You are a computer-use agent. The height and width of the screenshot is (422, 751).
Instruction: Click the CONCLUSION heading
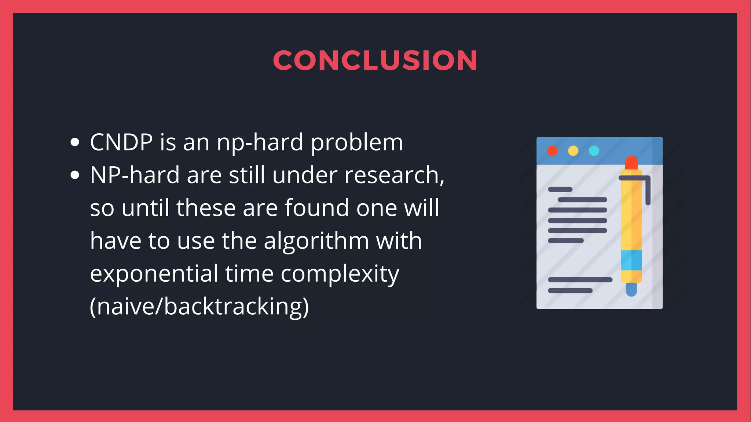375,60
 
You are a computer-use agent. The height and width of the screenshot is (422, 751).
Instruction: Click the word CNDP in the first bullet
121,142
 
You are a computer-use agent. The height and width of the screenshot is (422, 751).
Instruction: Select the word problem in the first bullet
357,143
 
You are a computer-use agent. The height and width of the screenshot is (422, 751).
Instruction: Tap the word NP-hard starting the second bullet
134,175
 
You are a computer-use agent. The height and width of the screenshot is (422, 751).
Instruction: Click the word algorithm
316,241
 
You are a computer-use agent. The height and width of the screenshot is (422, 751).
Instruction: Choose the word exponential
154,274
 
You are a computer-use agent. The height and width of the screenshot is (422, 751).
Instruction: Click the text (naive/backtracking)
199,307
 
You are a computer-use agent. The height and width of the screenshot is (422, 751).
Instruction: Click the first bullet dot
75,142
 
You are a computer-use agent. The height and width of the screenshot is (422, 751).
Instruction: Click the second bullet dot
75,175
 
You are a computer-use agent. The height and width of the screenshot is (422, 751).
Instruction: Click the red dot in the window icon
552,151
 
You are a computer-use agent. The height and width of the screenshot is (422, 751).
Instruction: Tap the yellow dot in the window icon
573,151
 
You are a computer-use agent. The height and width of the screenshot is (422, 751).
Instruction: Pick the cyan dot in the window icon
594,151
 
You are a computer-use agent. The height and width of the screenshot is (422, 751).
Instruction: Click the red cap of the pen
631,162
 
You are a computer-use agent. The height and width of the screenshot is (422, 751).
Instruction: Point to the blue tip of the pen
631,290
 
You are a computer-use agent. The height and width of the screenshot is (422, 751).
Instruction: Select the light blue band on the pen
631,260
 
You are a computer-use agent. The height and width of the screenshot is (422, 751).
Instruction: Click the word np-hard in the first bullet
260,143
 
